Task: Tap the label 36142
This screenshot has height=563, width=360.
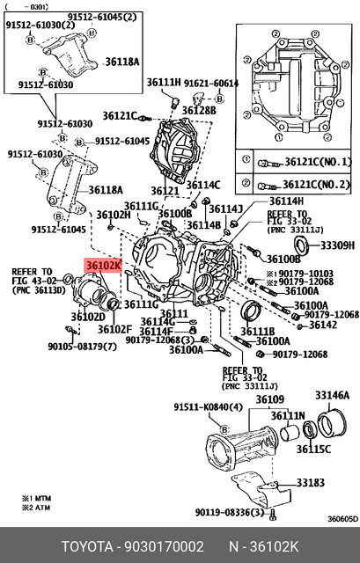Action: click(x=323, y=325)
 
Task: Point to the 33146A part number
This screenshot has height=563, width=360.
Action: click(x=332, y=396)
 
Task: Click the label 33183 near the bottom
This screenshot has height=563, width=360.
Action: click(x=311, y=482)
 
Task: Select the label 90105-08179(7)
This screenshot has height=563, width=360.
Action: click(x=81, y=345)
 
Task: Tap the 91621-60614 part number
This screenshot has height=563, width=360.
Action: click(x=212, y=83)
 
